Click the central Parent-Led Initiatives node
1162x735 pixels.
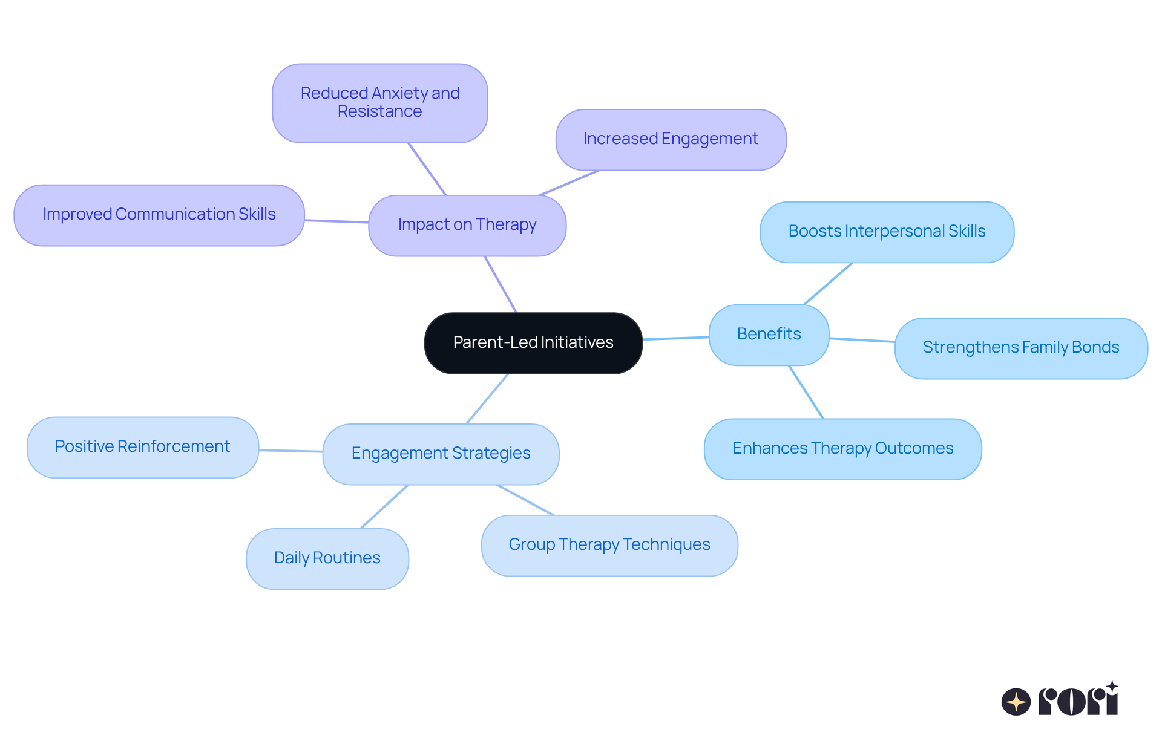click(x=533, y=343)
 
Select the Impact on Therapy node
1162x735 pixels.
click(x=467, y=225)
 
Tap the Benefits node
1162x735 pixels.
click(x=769, y=335)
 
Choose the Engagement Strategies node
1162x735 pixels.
click(x=441, y=454)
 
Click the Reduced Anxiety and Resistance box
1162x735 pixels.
click(x=379, y=103)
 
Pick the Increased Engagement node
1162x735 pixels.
click(x=671, y=139)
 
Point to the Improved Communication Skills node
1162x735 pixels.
click(x=159, y=215)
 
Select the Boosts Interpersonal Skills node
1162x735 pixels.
click(x=887, y=232)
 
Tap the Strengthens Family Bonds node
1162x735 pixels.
click(x=1021, y=348)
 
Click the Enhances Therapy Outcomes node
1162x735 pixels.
click(x=842, y=449)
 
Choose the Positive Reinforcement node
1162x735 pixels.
click(x=143, y=447)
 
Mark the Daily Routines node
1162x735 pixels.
click(x=327, y=558)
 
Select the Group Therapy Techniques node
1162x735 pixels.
click(x=609, y=545)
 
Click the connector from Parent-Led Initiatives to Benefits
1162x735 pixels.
click(x=675, y=338)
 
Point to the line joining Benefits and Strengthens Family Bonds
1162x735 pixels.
click(x=862, y=340)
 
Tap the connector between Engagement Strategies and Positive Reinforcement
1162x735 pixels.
click(x=290, y=451)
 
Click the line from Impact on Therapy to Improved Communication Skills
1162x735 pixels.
click(x=336, y=221)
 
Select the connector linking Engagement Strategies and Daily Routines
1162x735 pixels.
click(x=384, y=507)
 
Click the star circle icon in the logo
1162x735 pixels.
click(x=1016, y=702)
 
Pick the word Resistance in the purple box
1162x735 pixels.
click(x=379, y=112)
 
